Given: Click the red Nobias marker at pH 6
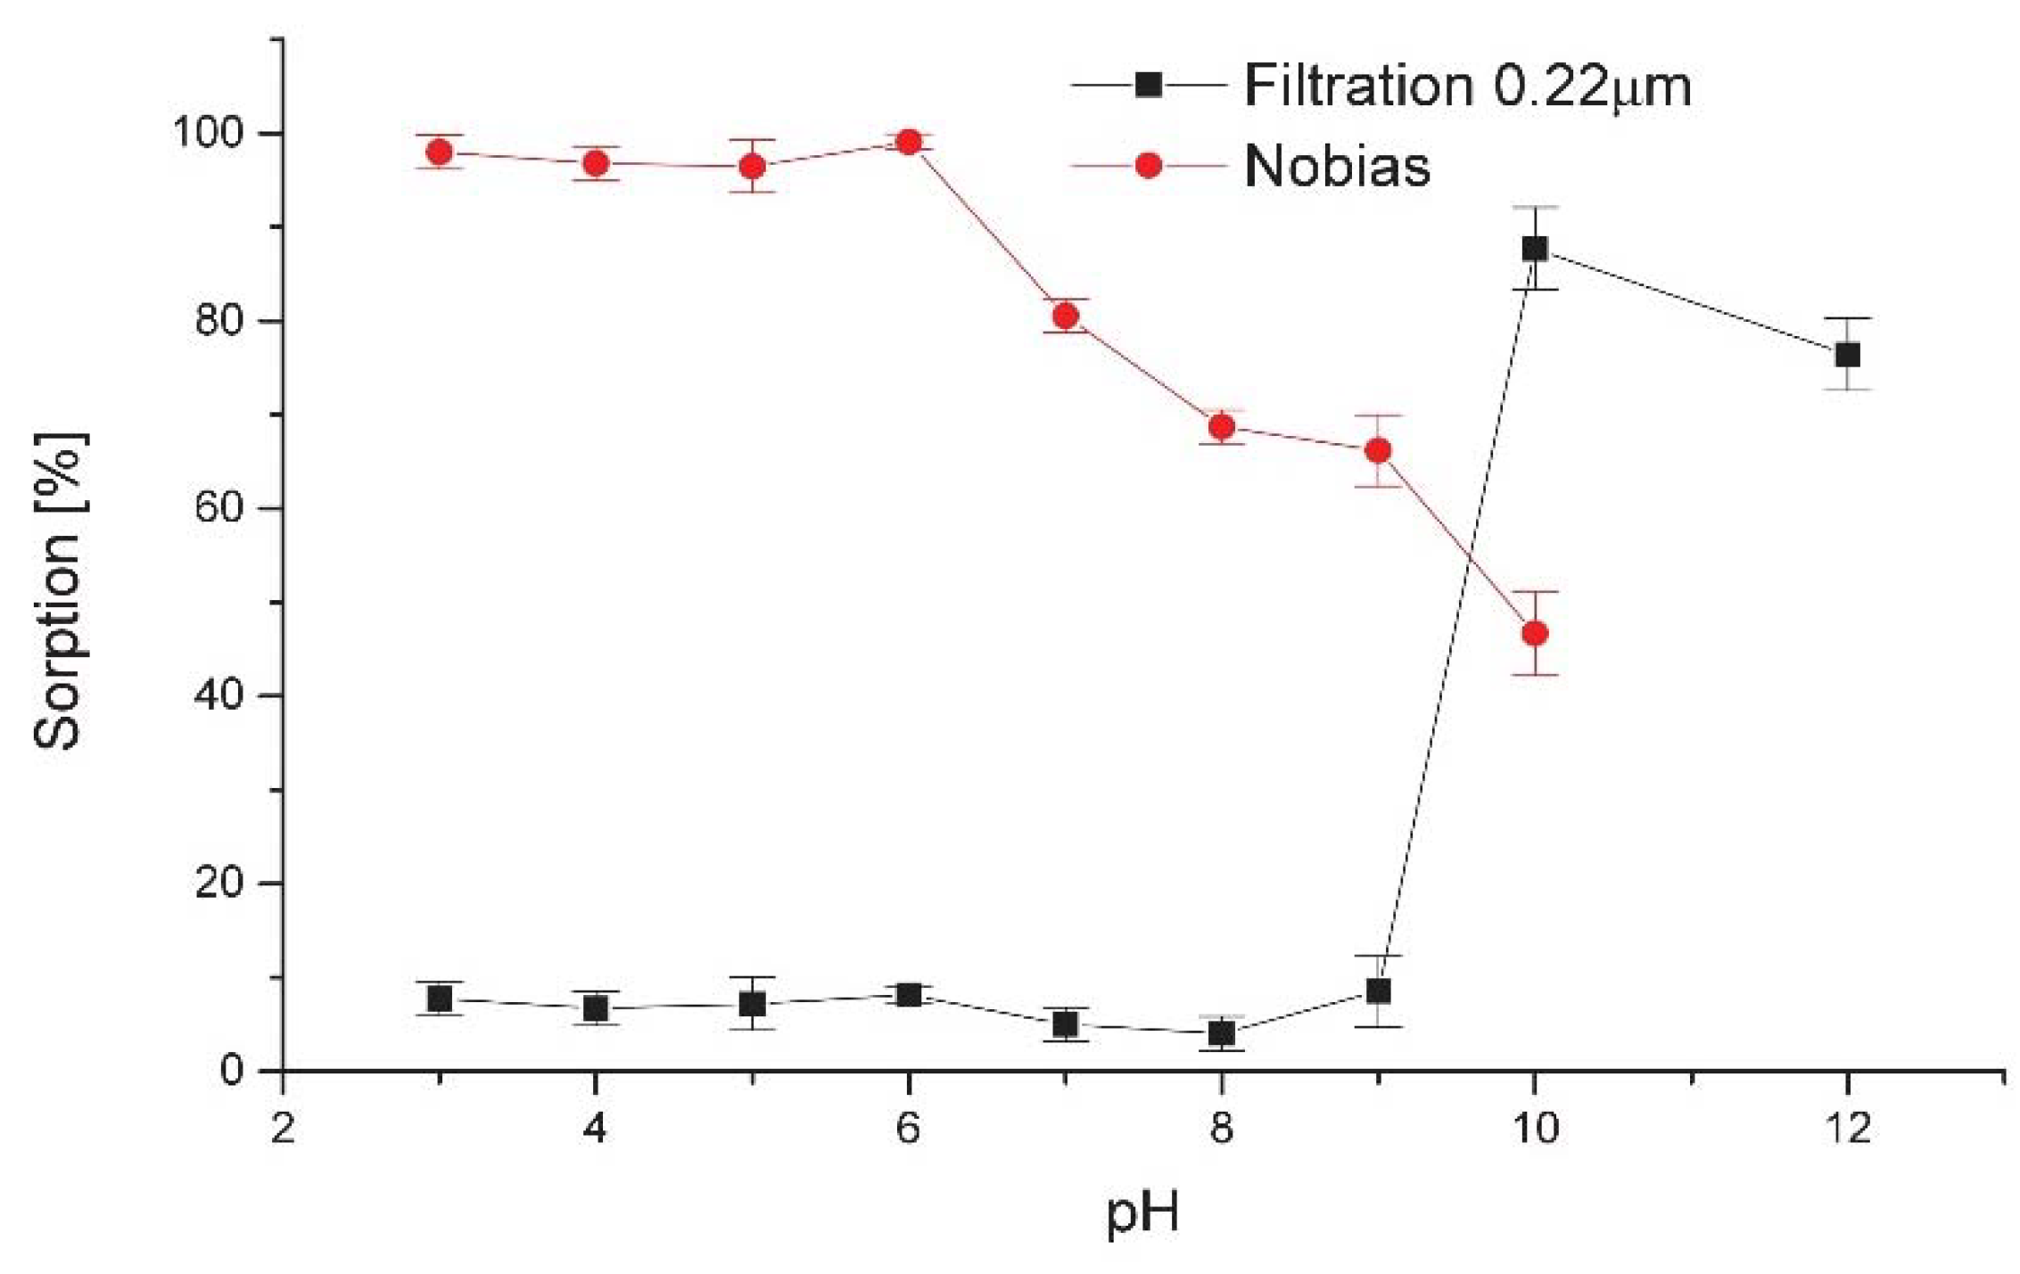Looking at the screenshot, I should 909,142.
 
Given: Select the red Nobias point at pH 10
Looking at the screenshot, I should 1535,633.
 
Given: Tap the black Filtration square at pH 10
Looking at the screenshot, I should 1535,248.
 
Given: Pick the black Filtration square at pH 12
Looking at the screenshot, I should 1847,355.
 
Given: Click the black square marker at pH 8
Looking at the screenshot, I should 1222,1033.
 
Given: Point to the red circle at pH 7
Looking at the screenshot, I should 1065,316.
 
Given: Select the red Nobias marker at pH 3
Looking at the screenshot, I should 439,152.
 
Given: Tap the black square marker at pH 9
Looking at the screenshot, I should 1378,991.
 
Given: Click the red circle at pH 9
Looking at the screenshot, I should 1378,451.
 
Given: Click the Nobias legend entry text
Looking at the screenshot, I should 1337,166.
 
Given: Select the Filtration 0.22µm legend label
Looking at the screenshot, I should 1467,86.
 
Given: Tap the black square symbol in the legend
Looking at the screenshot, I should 1149,85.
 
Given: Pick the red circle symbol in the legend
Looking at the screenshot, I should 1149,166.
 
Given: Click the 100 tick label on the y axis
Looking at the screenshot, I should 208,134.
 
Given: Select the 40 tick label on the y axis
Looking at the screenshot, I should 218,695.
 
